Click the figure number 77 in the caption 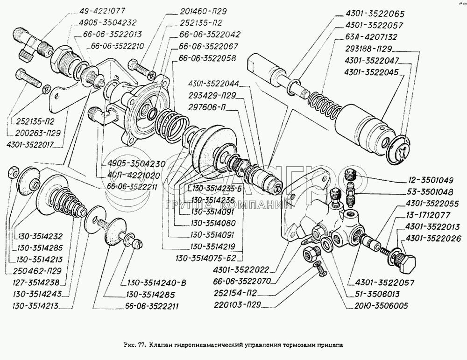click(x=142, y=346)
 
